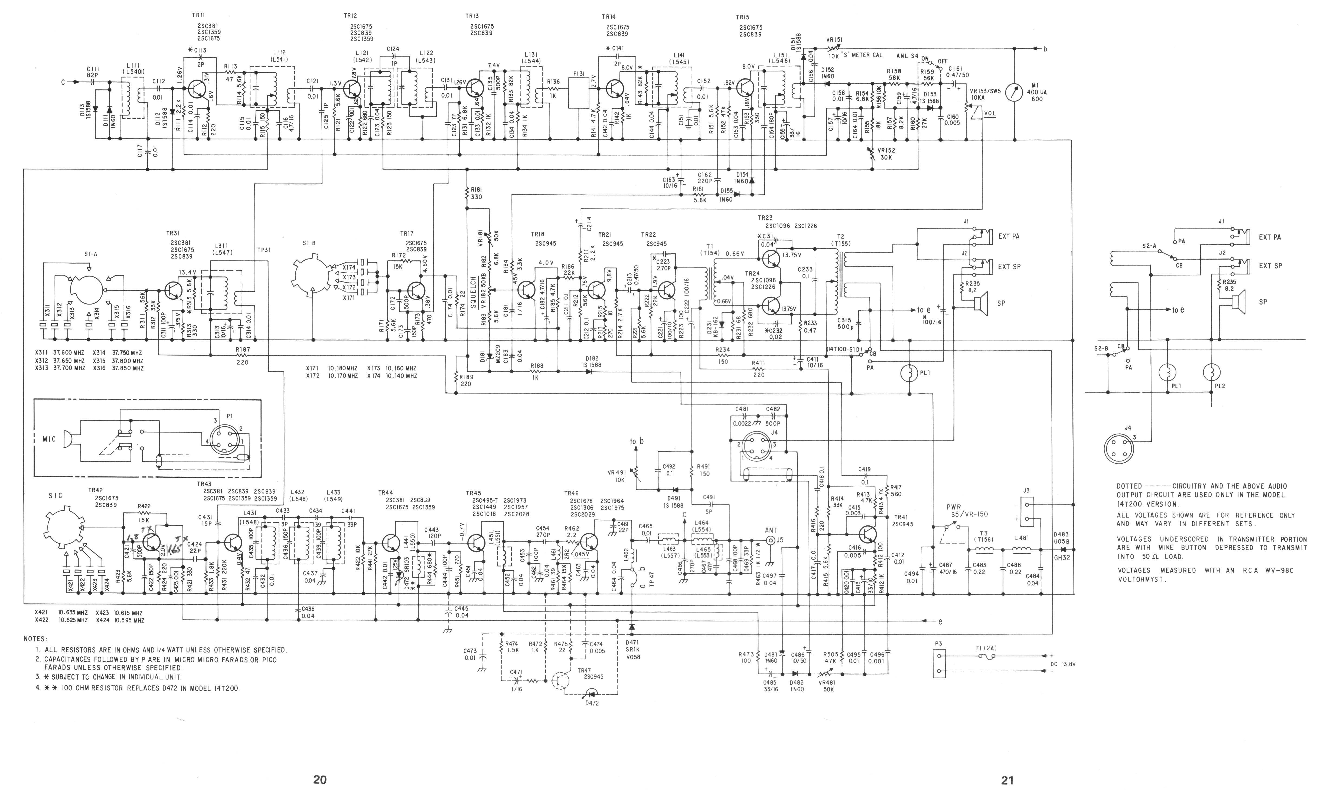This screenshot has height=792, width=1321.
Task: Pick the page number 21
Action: (x=1007, y=780)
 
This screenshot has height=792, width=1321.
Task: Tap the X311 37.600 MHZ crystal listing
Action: (x=60, y=353)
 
